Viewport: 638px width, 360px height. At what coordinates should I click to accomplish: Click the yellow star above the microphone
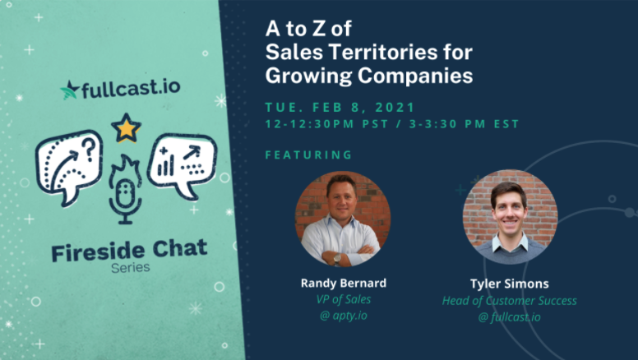[x=126, y=127]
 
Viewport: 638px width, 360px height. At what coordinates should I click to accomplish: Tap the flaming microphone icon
[x=125, y=189]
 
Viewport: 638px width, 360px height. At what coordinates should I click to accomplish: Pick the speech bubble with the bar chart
[x=183, y=165]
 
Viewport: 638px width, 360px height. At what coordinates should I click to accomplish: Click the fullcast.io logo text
[x=131, y=89]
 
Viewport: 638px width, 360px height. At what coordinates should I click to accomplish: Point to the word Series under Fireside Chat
[x=131, y=268]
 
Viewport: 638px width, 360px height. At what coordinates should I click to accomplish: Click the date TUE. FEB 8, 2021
[x=340, y=108]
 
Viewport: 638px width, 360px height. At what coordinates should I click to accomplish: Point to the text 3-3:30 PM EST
[x=464, y=123]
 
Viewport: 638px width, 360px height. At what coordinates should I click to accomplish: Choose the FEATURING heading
[x=308, y=155]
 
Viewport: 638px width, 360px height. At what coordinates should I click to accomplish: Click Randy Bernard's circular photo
[x=343, y=219]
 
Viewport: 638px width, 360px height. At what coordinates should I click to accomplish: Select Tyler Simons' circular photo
[x=510, y=217]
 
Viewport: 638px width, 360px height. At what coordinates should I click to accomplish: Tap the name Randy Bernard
[x=344, y=283]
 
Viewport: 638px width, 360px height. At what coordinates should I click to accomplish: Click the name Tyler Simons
[x=510, y=284]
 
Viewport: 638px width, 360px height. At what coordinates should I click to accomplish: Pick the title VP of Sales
[x=344, y=299]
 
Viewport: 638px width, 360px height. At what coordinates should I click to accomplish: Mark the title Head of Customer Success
[x=510, y=301]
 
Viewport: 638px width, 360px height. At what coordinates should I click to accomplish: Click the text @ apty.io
[x=344, y=316]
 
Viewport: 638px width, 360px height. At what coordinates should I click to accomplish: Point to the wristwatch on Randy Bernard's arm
[x=337, y=259]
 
